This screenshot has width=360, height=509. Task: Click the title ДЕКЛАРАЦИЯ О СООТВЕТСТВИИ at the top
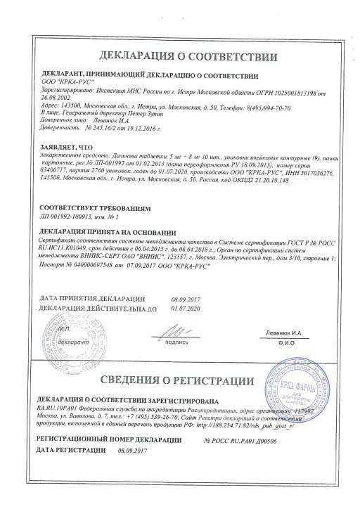(180, 54)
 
